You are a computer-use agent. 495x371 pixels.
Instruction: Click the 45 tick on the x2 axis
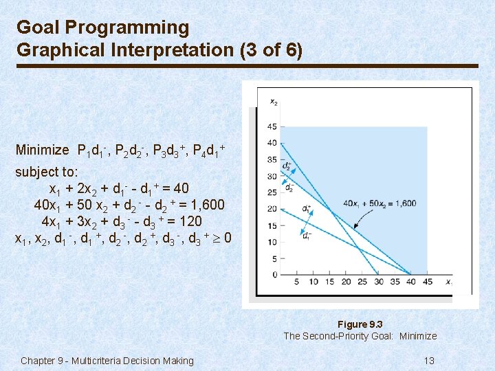272,126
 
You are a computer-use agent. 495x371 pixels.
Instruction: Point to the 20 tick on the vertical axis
272,209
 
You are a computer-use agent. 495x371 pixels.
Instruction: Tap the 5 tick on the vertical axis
274,259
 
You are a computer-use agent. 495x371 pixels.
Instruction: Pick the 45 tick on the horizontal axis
427,282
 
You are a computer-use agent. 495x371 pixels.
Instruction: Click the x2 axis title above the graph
274,102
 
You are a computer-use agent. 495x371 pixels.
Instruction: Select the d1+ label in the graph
307,208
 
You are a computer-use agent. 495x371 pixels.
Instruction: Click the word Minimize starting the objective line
42,150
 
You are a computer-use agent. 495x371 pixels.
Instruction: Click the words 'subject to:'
47,171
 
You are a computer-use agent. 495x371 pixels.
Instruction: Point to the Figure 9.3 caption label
360,324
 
